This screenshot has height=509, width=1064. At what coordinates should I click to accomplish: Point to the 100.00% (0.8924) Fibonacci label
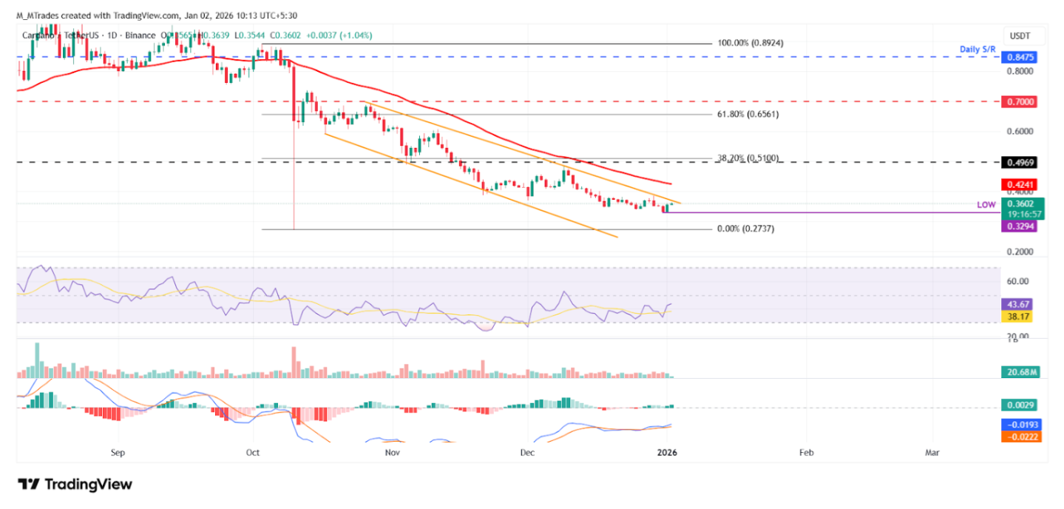tap(750, 44)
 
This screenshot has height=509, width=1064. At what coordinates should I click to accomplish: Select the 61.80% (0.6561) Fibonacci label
tap(748, 115)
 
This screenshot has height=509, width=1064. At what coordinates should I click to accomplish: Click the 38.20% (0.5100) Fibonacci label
tap(748, 158)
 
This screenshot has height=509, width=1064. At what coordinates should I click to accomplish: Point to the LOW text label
tap(986, 204)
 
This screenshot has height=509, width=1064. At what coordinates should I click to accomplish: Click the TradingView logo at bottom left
tap(75, 485)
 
